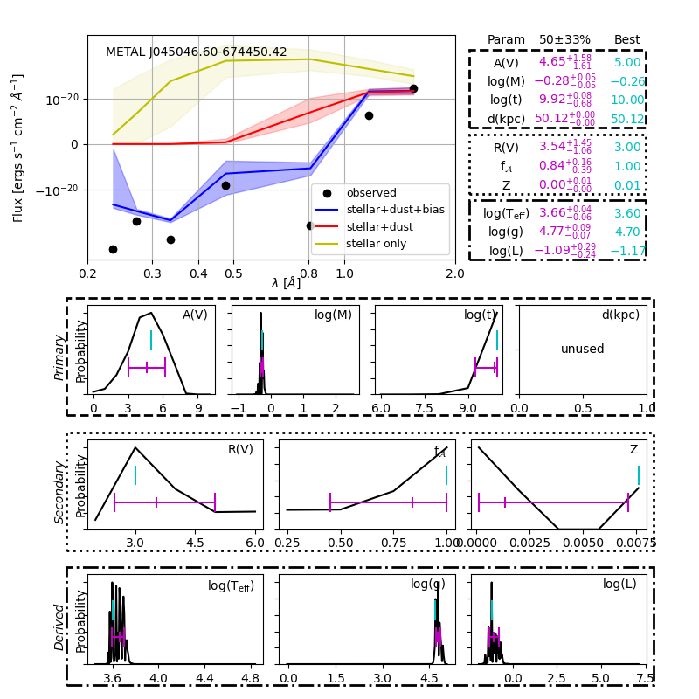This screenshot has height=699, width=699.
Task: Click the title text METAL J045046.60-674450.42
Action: click(196, 52)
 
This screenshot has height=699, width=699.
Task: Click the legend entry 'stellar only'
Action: click(376, 244)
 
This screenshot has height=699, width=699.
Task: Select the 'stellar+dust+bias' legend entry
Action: click(390, 210)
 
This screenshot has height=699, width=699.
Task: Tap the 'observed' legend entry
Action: click(370, 193)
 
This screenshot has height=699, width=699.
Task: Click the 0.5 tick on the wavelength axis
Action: click(233, 273)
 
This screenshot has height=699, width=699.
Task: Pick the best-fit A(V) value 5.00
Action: click(626, 63)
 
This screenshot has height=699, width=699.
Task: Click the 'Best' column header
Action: click(626, 40)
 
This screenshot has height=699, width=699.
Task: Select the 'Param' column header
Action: click(506, 40)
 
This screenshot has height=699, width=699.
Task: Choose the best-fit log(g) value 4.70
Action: click(626, 232)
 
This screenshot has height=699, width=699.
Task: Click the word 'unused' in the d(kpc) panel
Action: click(583, 349)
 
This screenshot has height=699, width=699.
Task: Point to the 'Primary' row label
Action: click(59, 356)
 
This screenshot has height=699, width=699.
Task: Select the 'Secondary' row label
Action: click(59, 490)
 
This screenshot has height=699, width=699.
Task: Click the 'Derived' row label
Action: click(59, 626)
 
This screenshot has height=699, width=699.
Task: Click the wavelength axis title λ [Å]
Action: click(286, 282)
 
